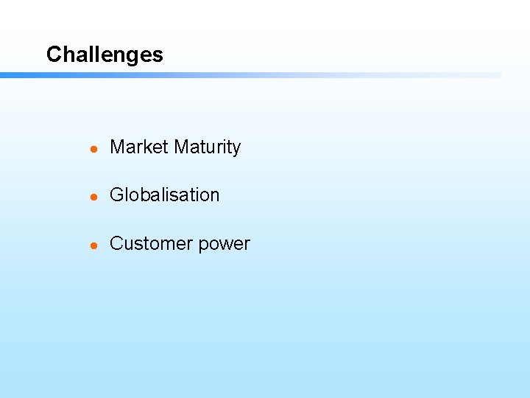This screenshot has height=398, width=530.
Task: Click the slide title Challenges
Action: [105, 55]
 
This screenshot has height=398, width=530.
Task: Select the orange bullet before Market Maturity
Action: [93, 149]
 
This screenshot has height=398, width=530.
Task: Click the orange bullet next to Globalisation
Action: [93, 197]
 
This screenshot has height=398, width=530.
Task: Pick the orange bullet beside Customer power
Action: [93, 245]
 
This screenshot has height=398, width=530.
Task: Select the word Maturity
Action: [207, 148]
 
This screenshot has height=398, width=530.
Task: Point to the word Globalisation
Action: [164, 195]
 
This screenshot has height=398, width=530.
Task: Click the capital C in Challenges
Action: [53, 55]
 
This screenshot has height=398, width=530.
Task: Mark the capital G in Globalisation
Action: [116, 195]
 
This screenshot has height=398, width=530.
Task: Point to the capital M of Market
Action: [116, 147]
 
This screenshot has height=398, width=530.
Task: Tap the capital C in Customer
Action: [116, 244]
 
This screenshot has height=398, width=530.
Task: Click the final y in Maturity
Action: [236, 150]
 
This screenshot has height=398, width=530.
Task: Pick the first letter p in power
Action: [205, 246]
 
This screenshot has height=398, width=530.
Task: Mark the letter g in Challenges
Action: [132, 57]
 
